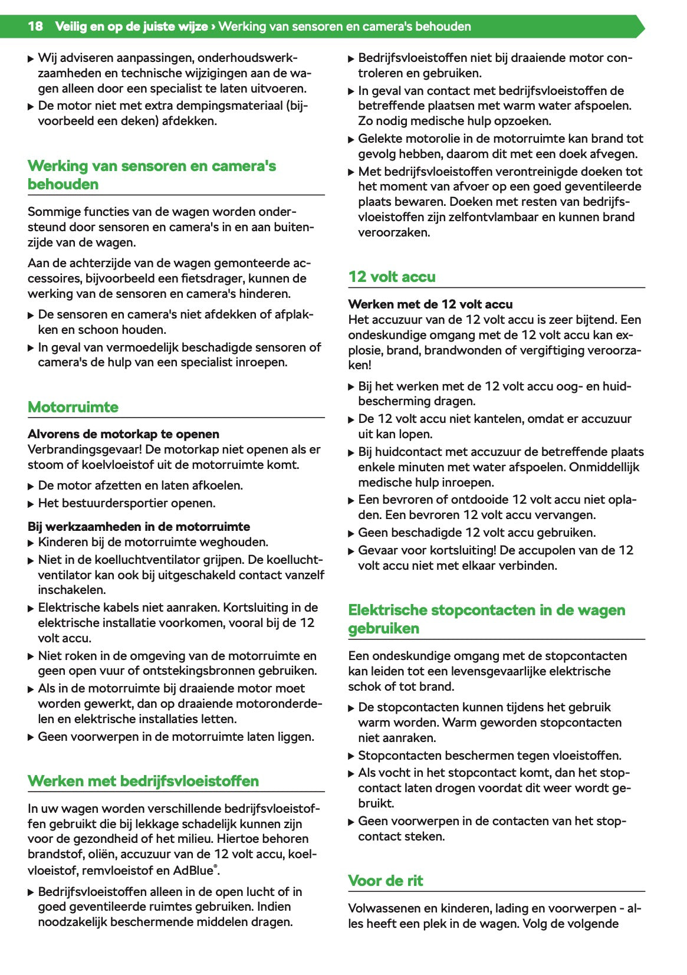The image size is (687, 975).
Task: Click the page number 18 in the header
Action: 35,27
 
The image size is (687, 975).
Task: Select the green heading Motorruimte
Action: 73,407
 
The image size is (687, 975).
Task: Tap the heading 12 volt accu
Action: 392,277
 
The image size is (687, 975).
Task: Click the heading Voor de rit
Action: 386,881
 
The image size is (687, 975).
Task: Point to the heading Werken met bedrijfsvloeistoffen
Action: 143,781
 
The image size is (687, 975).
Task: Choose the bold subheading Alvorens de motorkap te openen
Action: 123,434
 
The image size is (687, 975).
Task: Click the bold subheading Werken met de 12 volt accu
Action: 430,304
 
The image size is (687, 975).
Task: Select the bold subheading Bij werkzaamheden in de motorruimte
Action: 139,527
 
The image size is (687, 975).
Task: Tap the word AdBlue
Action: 192,871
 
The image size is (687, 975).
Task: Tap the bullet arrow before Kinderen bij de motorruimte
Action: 31,543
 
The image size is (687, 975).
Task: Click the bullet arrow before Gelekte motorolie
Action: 351,139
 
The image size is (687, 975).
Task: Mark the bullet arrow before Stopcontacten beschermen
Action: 351,756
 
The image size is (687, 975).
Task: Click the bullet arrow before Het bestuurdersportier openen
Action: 31,504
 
